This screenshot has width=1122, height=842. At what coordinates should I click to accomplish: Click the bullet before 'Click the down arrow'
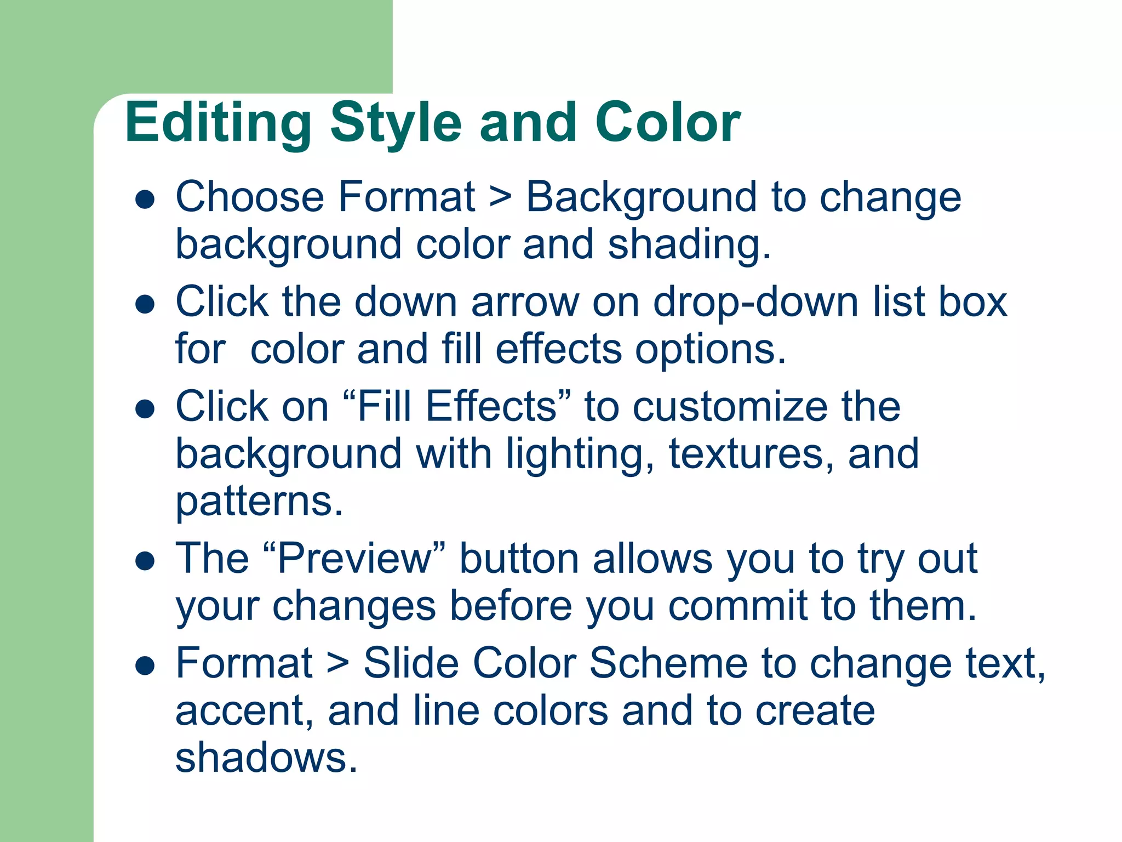(145, 304)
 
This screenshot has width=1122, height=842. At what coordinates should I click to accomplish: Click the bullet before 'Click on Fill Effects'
(145, 409)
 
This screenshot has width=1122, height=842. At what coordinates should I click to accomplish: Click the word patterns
(259, 502)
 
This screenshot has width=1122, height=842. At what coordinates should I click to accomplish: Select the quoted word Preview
(355, 559)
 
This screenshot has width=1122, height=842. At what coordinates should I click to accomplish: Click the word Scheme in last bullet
(668, 664)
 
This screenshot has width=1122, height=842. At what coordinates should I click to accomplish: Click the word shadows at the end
(266, 758)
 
